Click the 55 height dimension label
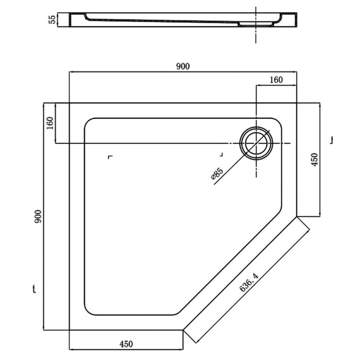[x=52, y=20]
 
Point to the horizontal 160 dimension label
[x=276, y=80]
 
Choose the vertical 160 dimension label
[x=50, y=123]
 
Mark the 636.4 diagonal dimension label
[x=249, y=282]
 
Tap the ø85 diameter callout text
[x=217, y=174]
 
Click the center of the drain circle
[x=256, y=143]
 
